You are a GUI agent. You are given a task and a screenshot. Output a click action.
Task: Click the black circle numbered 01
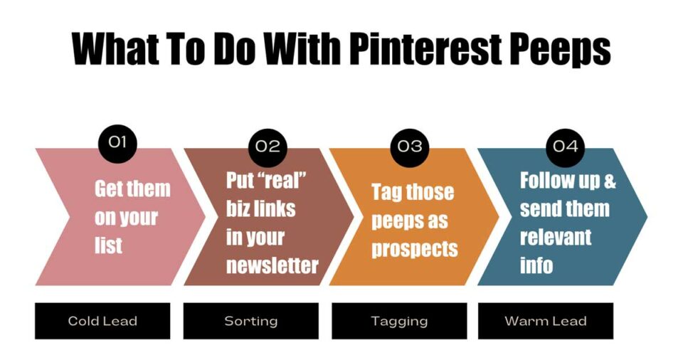pos(117,142)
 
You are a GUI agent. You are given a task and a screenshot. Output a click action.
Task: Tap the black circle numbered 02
pos(268,147)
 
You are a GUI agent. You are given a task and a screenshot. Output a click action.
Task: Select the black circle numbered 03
pos(410,147)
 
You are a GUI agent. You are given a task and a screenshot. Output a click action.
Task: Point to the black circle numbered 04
pos(565,147)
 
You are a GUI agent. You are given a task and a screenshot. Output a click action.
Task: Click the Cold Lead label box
pos(102,321)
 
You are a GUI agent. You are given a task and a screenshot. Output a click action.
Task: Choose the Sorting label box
pos(251,321)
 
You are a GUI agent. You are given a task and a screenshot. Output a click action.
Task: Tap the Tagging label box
pos(399,321)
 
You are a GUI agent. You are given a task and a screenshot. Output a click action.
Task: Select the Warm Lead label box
pos(546,321)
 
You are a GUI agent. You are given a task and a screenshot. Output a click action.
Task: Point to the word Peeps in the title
pos(563,48)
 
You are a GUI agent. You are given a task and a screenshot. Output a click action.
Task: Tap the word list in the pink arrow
pos(108,245)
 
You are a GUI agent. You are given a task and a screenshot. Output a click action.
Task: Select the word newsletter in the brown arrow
pos(272,265)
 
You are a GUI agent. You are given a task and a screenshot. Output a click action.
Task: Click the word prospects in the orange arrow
pos(414,249)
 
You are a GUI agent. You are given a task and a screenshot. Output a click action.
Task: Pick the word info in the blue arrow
pos(536,265)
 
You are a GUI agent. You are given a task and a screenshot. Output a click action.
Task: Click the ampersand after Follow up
pos(609,181)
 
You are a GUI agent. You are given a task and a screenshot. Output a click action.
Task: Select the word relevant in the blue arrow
pos(555,237)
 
